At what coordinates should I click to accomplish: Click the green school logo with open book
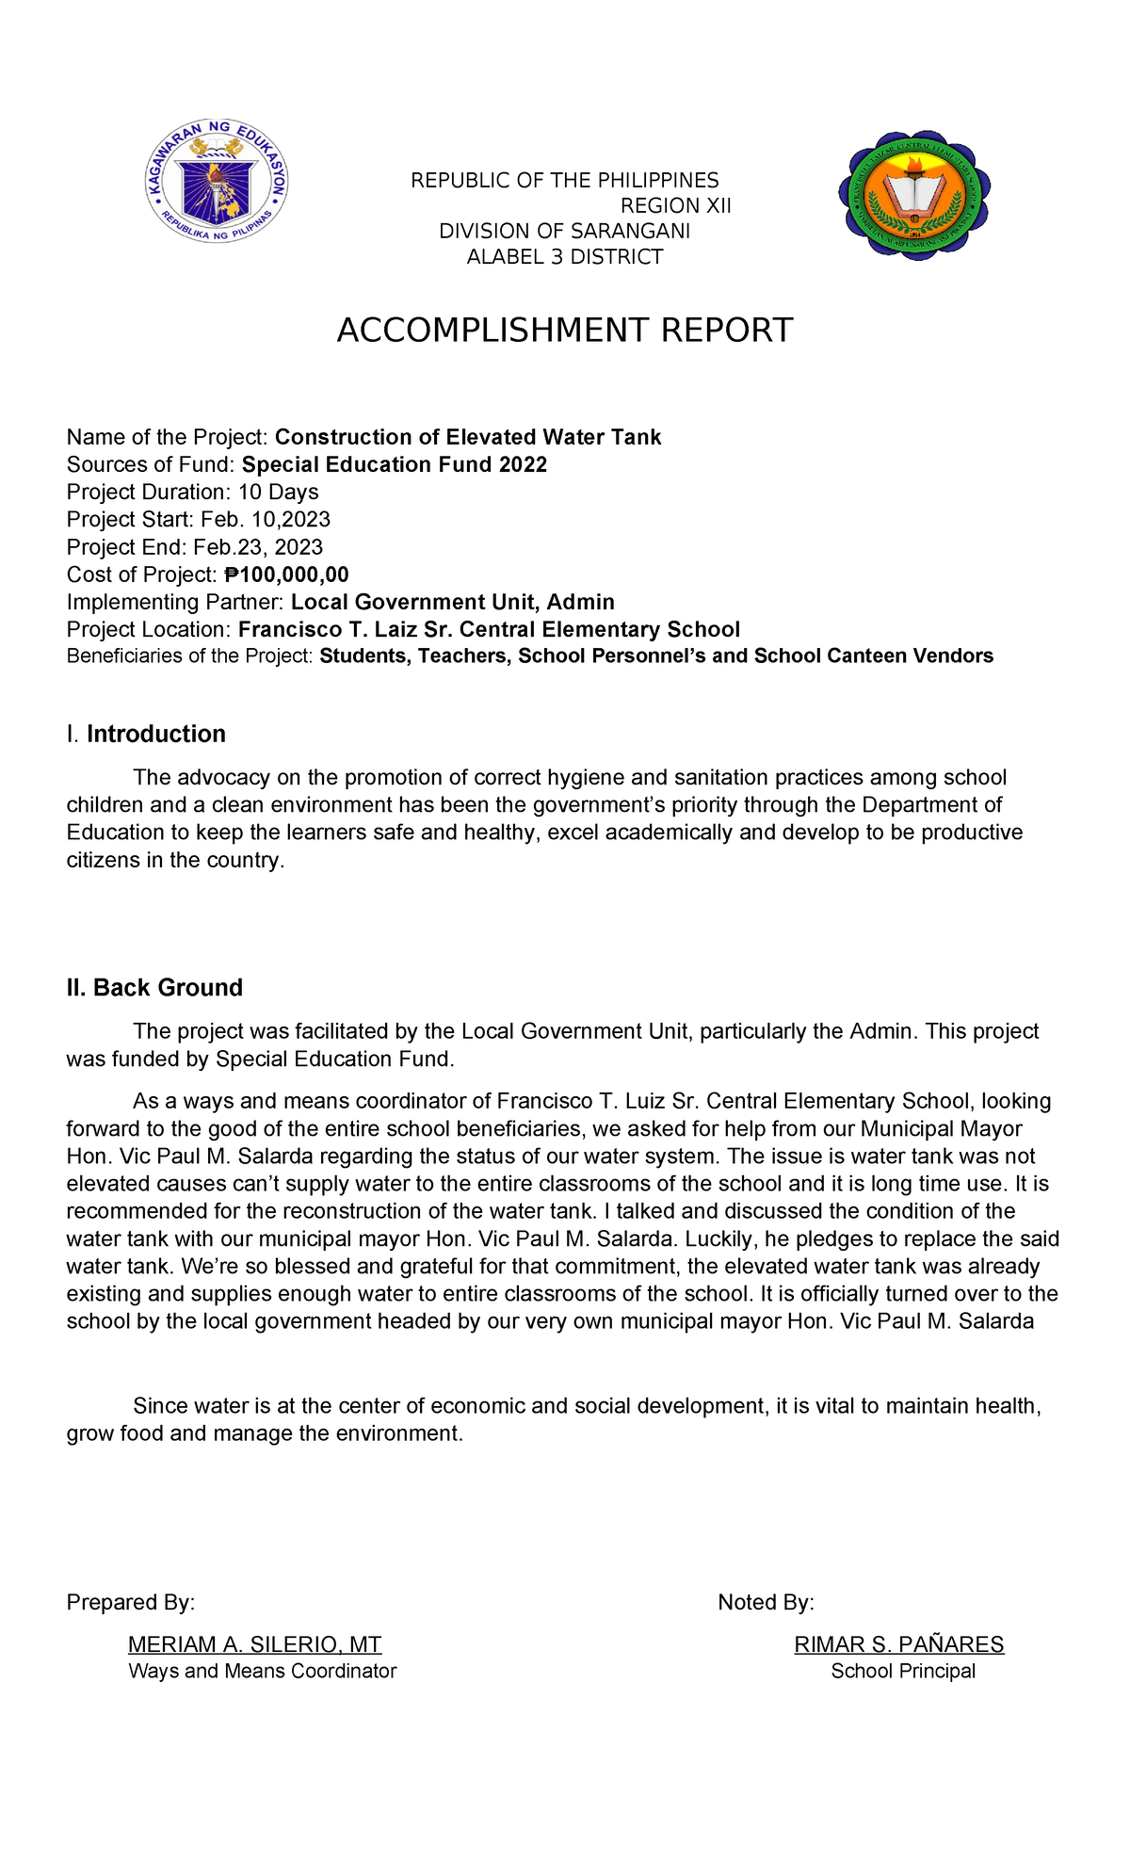[x=913, y=196]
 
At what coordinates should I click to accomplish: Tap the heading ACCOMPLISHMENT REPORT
[x=565, y=331]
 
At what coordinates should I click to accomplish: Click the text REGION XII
[x=675, y=206]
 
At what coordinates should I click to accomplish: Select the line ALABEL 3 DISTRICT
[x=565, y=257]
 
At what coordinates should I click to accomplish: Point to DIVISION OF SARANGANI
[x=565, y=232]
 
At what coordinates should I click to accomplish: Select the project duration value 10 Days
[x=278, y=492]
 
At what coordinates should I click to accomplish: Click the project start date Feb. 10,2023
[x=266, y=519]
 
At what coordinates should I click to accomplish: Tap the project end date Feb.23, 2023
[x=258, y=547]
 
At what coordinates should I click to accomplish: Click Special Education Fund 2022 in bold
[x=395, y=464]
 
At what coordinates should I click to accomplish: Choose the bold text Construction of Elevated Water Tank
[x=468, y=437]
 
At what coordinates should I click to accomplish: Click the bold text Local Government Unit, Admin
[x=453, y=602]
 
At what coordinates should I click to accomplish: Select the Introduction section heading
[x=156, y=734]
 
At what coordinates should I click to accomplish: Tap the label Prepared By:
[x=131, y=1602]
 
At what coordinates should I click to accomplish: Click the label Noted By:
[x=766, y=1602]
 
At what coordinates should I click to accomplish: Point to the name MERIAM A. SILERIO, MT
[x=255, y=1644]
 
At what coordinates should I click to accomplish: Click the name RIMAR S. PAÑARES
[x=899, y=1644]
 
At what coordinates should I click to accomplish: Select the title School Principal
[x=903, y=1671]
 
